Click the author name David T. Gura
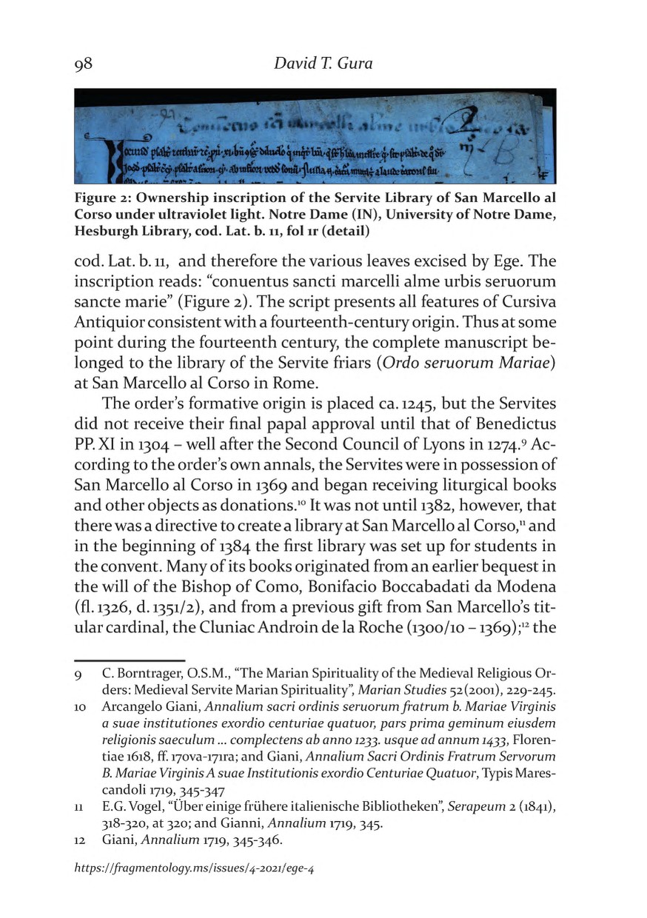point(323,64)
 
